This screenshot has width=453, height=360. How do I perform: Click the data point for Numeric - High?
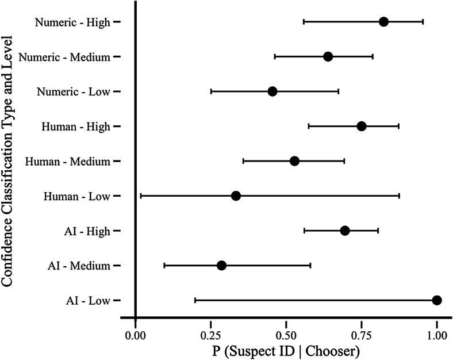tap(383, 22)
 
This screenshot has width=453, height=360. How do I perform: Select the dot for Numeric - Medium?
tap(328, 56)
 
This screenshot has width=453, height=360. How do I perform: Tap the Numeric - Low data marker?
tap(272, 91)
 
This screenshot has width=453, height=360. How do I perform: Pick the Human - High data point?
tap(361, 126)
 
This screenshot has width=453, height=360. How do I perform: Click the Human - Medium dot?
tap(294, 161)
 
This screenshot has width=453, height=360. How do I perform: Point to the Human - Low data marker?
tap(236, 196)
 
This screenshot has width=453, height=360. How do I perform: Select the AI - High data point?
tap(345, 231)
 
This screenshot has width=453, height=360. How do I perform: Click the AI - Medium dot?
tap(221, 266)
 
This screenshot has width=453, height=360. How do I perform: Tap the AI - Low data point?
tap(437, 300)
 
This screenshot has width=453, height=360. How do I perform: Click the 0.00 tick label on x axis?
tap(135, 333)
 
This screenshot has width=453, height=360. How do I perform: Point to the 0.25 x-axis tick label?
tap(210, 333)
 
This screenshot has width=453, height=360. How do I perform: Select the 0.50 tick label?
tap(286, 333)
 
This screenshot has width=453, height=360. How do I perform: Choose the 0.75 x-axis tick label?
tap(362, 333)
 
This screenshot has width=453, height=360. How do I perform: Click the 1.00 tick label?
tap(437, 333)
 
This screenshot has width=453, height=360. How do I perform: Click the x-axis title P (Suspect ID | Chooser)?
tap(286, 350)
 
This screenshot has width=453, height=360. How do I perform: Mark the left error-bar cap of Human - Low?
tap(141, 196)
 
